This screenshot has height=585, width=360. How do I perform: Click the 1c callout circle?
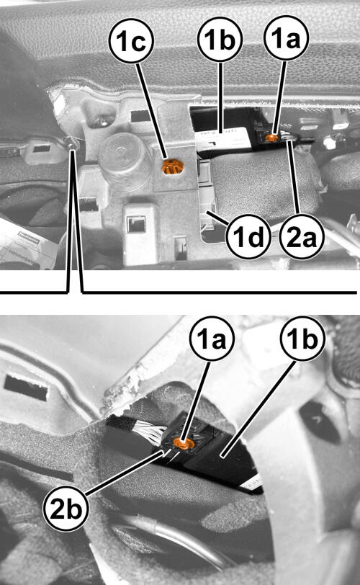[x=131, y=40]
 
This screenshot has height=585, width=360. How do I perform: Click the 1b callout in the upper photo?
[x=220, y=40]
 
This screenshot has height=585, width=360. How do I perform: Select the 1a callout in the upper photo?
[x=286, y=38]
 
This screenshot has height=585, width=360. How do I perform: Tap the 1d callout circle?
[x=248, y=236]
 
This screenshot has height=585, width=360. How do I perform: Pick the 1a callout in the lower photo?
[x=212, y=339]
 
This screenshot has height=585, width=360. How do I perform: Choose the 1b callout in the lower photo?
[x=302, y=339]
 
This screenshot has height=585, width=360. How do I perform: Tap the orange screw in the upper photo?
[x=272, y=138]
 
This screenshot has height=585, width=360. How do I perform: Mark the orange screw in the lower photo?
[x=184, y=444]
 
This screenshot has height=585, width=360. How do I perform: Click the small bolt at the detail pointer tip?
[x=71, y=142]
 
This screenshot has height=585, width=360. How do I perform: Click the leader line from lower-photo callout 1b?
[x=258, y=408]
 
